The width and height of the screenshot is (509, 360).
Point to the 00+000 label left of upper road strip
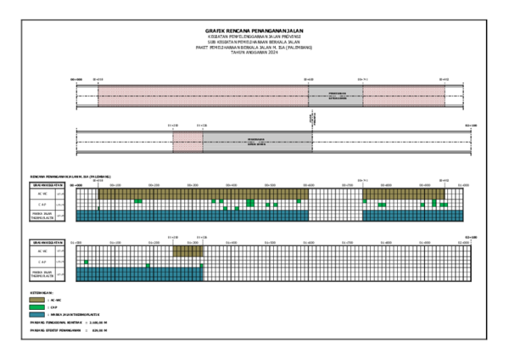tap(76, 79)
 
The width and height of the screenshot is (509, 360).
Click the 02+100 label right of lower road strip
tap(471, 125)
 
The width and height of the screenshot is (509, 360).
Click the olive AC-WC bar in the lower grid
tap(187, 252)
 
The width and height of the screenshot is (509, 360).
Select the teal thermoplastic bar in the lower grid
tap(140, 274)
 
